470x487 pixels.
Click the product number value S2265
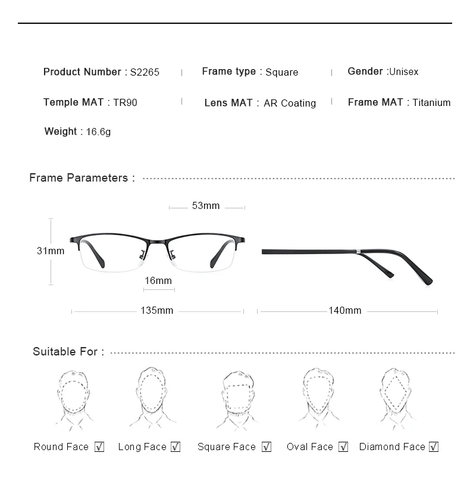[x=145, y=72]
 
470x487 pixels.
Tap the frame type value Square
[x=281, y=72]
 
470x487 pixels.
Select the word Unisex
[x=404, y=71]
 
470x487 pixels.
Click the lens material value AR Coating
[x=290, y=103]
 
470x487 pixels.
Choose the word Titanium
[x=431, y=102]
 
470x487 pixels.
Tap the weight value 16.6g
[x=98, y=132]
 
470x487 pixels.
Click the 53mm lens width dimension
[x=206, y=206]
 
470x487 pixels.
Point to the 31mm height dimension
[x=51, y=251]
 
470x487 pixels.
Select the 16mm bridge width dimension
[x=158, y=280]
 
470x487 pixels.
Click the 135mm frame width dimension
[x=157, y=311]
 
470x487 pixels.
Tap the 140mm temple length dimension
[x=345, y=311]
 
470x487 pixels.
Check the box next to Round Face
[x=99, y=447]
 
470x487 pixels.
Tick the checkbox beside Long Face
[x=176, y=447]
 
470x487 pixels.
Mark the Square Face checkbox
[x=267, y=447]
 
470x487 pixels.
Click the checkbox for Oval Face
[x=343, y=447]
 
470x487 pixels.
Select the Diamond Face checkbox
[x=434, y=447]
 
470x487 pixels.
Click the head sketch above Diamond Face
[x=397, y=398]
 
